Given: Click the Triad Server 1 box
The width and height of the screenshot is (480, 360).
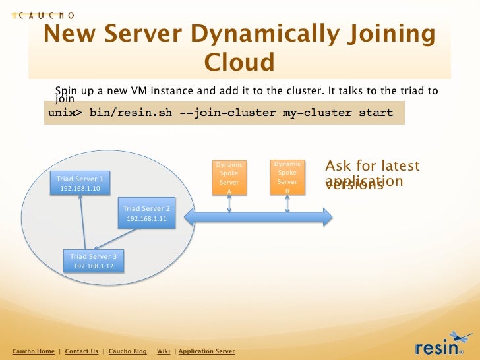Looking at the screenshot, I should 80,183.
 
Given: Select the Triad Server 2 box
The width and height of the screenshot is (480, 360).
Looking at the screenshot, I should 146,213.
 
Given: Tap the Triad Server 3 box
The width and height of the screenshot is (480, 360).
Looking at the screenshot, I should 94,261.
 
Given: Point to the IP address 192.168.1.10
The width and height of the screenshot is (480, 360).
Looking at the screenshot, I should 80,189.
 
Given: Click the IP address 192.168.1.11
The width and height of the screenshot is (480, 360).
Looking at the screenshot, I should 146,218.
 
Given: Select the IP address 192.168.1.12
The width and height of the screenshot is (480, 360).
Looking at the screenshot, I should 94,266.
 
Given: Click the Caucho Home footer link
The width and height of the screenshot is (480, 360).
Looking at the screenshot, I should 34,351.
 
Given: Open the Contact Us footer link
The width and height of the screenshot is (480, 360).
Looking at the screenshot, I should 82,351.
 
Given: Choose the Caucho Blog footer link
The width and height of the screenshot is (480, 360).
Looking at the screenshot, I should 127,351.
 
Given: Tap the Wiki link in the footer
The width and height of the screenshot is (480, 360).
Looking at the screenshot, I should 164,351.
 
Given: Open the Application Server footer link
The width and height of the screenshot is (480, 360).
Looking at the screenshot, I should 206,351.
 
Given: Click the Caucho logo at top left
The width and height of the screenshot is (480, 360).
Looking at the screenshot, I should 43,15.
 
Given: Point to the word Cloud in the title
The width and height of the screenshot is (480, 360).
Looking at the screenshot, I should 239,63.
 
